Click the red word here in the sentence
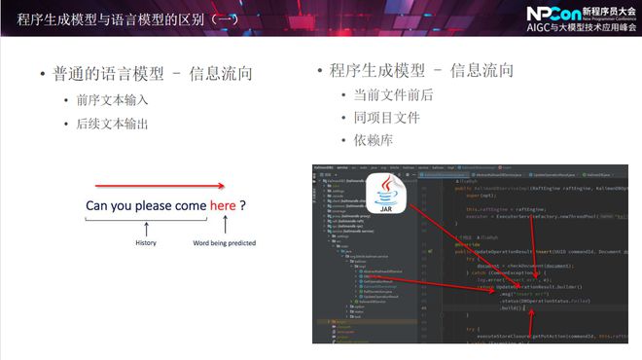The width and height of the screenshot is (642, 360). [x=222, y=205]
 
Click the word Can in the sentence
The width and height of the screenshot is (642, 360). [x=100, y=205]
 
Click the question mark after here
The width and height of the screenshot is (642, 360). [x=242, y=205]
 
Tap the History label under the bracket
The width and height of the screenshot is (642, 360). [x=145, y=243]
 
